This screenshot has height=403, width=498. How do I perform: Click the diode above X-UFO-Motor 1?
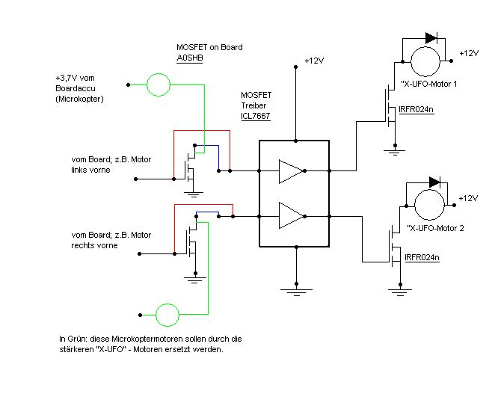point(431,38)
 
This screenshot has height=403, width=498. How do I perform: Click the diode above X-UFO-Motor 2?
point(434,182)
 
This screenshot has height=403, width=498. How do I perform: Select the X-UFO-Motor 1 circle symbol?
point(425,61)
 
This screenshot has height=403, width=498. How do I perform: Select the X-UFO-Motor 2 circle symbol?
point(430,205)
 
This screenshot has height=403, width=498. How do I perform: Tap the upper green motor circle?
point(159,84)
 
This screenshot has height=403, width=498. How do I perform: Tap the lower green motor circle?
point(167,315)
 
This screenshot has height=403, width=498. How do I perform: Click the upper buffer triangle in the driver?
point(291,171)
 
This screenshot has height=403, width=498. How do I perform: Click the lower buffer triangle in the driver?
point(291,215)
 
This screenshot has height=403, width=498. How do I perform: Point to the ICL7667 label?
point(255,116)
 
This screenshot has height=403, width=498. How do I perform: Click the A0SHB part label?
point(190,58)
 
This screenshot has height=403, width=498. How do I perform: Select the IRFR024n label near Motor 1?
point(416,110)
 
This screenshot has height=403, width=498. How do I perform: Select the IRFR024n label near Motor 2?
point(422,257)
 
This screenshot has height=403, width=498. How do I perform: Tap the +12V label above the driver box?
point(314,61)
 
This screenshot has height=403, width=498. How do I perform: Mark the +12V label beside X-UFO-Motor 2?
point(468,198)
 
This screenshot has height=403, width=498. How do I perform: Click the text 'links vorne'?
point(90,170)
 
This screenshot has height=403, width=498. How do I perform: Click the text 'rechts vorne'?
point(94,245)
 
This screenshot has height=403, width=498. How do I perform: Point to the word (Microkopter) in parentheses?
point(79,99)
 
